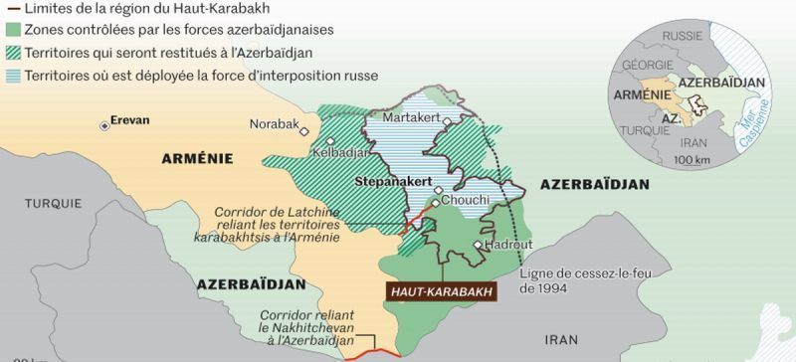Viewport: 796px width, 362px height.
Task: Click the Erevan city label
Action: (x=129, y=120)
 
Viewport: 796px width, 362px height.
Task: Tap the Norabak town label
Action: (x=274, y=124)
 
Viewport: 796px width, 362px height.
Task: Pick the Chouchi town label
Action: (x=465, y=200)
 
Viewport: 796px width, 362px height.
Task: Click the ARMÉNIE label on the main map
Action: (x=197, y=157)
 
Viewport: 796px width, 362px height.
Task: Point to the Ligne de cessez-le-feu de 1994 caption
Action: (x=572, y=279)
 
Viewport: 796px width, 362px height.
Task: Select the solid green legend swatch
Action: (x=12, y=30)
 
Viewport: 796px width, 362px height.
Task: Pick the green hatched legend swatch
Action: (x=12, y=52)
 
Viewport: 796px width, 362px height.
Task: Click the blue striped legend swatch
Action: (x=12, y=74)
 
